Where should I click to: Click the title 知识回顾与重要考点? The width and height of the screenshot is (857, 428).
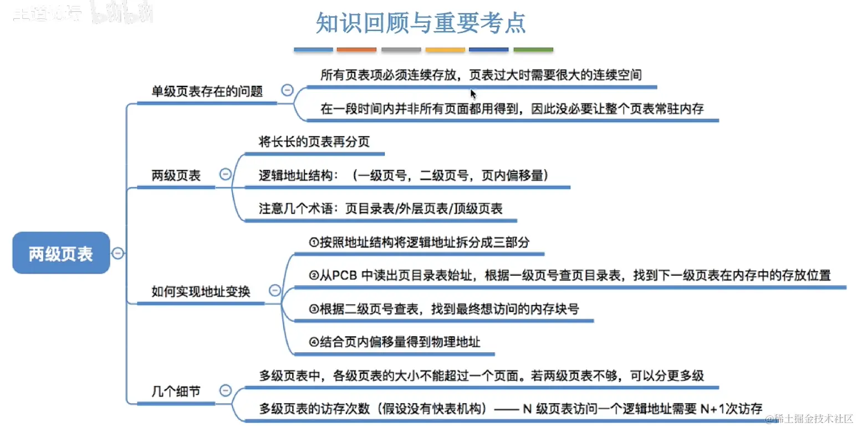pyautogui.click(x=421, y=23)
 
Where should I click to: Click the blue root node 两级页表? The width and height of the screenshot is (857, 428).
pyautogui.click(x=61, y=254)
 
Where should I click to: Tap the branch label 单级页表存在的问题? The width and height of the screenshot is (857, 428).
pyautogui.click(x=207, y=91)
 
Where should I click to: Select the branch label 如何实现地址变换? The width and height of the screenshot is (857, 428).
pyautogui.click(x=201, y=291)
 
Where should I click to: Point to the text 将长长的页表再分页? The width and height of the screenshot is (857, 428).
pyautogui.click(x=314, y=141)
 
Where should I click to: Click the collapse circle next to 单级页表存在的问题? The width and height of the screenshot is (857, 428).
pyautogui.click(x=287, y=90)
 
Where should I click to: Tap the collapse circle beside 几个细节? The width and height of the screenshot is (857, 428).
pyautogui.click(x=225, y=391)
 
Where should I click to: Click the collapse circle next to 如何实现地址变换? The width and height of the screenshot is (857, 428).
pyautogui.click(x=274, y=291)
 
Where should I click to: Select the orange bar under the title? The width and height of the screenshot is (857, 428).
pyautogui.click(x=356, y=50)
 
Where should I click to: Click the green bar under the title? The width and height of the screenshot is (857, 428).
pyautogui.click(x=533, y=50)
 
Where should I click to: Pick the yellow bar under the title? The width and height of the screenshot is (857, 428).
pyautogui.click(x=445, y=50)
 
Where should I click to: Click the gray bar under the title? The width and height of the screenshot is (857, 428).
pyautogui.click(x=401, y=50)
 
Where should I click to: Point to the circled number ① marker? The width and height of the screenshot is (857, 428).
pyautogui.click(x=314, y=242)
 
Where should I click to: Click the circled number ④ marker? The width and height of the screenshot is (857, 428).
pyautogui.click(x=314, y=342)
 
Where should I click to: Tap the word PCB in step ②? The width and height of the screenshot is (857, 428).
pyautogui.click(x=345, y=275)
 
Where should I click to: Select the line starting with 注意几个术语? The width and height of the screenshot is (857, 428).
pyautogui.click(x=380, y=209)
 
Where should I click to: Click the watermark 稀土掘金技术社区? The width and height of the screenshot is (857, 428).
pyautogui.click(x=814, y=419)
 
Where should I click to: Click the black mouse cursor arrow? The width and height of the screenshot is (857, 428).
pyautogui.click(x=473, y=94)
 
